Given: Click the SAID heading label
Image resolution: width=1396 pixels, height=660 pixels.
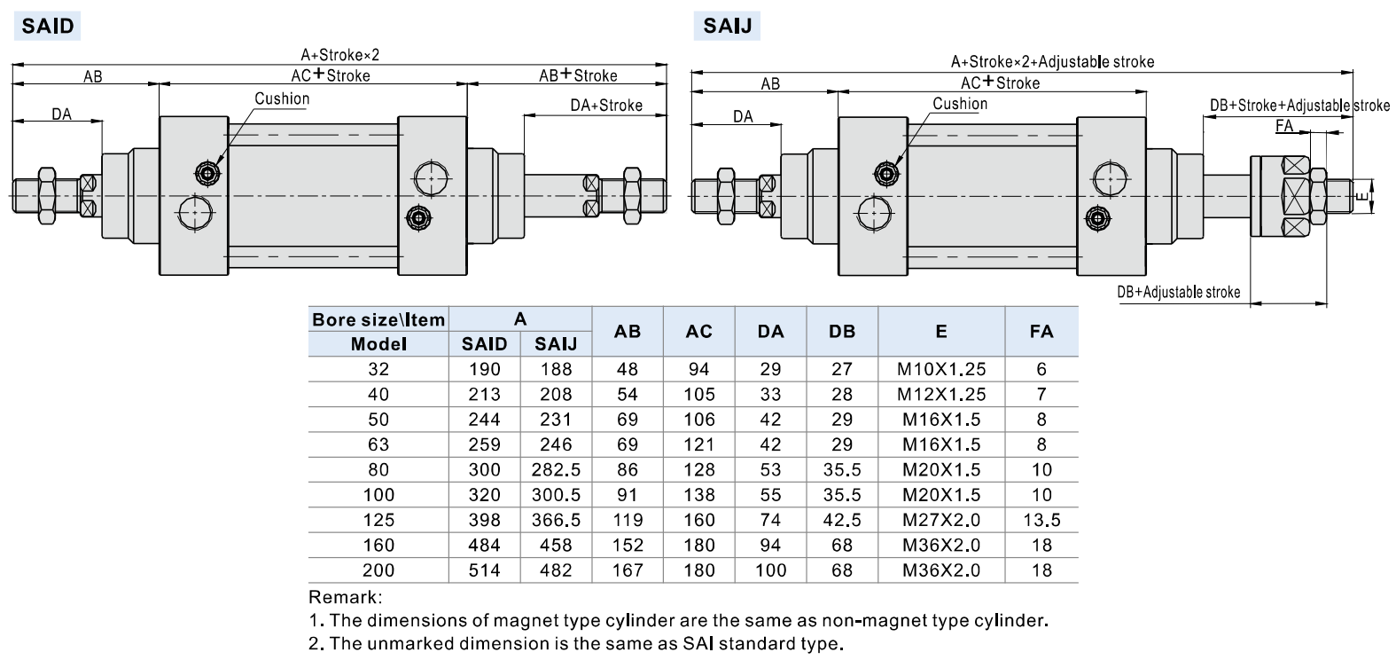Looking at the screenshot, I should click(48, 26).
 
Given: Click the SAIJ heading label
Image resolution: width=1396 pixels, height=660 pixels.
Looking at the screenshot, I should click(727, 26).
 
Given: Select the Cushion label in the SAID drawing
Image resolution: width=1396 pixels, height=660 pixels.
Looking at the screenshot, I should click(282, 98).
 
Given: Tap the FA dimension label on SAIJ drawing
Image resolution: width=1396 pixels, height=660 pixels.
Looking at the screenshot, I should click(1284, 126).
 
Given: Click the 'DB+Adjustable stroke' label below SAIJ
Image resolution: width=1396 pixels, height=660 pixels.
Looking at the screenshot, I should click(1178, 292).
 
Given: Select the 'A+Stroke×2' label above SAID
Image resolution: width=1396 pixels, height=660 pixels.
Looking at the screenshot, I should click(339, 55).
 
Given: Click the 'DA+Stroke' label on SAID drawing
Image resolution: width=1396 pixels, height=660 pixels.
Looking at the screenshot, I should click(605, 105).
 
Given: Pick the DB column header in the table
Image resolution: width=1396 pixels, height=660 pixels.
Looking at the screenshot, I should click(841, 331).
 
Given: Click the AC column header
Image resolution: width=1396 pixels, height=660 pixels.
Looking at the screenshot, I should click(698, 331).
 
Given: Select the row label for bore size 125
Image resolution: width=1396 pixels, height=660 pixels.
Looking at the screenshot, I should click(378, 520).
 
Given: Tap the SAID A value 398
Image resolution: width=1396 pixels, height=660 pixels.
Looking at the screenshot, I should click(484, 520).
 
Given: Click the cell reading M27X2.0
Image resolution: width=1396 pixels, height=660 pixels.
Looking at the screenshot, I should click(940, 520).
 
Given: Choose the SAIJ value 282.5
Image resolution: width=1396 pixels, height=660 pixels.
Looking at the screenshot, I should click(556, 469).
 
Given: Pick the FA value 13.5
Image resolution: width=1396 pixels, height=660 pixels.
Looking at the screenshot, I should click(1041, 520).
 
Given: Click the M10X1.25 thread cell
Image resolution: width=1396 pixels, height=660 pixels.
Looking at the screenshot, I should click(940, 369).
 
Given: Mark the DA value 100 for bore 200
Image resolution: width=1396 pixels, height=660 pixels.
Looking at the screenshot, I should click(770, 570).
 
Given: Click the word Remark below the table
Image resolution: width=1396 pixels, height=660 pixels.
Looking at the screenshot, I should click(344, 597).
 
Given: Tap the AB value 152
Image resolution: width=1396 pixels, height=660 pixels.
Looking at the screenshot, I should click(627, 545).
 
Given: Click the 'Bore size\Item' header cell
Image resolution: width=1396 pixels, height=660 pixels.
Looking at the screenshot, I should click(378, 319).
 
